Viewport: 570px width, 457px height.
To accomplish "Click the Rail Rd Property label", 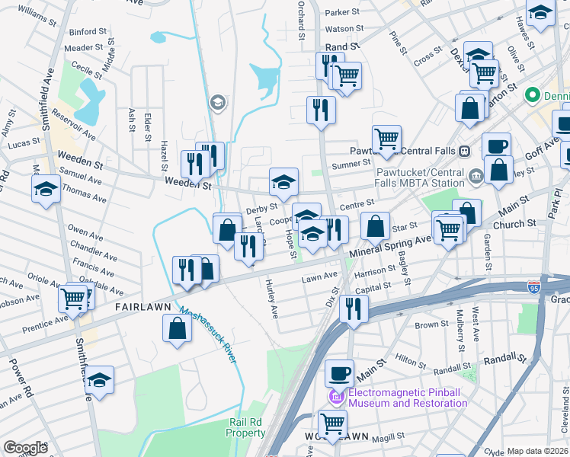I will pyautogui.click(x=245, y=427).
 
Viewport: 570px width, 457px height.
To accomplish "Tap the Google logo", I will pyautogui.click(x=25, y=448).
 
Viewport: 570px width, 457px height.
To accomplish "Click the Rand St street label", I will pyautogui.click(x=343, y=47).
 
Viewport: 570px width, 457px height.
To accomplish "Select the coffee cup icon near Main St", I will pyautogui.click(x=339, y=373).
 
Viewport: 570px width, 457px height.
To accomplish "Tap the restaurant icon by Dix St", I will pyautogui.click(x=354, y=308).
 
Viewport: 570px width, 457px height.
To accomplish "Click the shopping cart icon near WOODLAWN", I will pyautogui.click(x=332, y=423).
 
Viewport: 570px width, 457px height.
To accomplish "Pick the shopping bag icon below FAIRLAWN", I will pyautogui.click(x=177, y=329).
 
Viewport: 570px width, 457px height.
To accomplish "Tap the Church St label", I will pyautogui.click(x=514, y=225).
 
